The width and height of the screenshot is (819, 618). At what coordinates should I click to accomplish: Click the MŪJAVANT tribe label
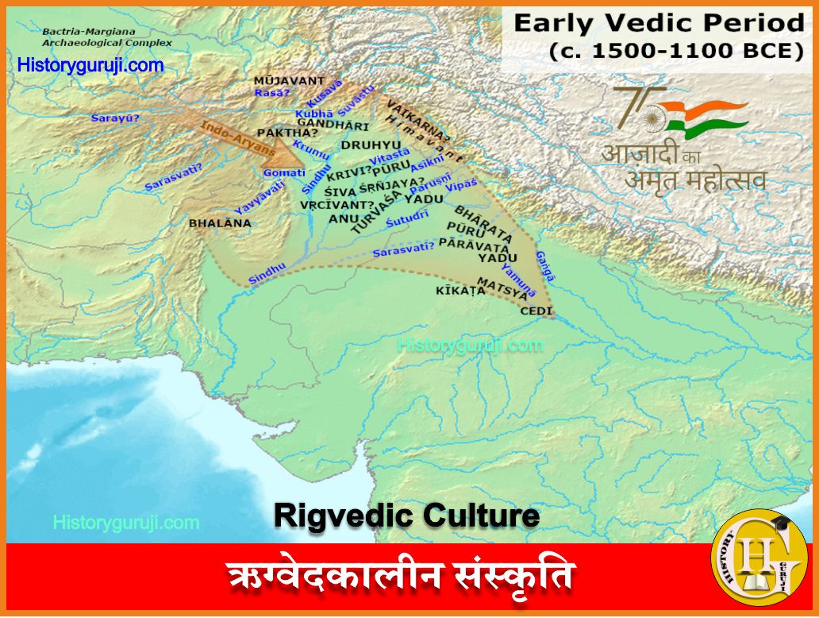point(289,80)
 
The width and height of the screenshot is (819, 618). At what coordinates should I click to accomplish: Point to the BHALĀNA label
point(220,223)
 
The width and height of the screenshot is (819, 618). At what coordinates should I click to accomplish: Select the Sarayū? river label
point(114,118)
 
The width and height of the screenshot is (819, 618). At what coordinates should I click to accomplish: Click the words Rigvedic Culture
point(406,516)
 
